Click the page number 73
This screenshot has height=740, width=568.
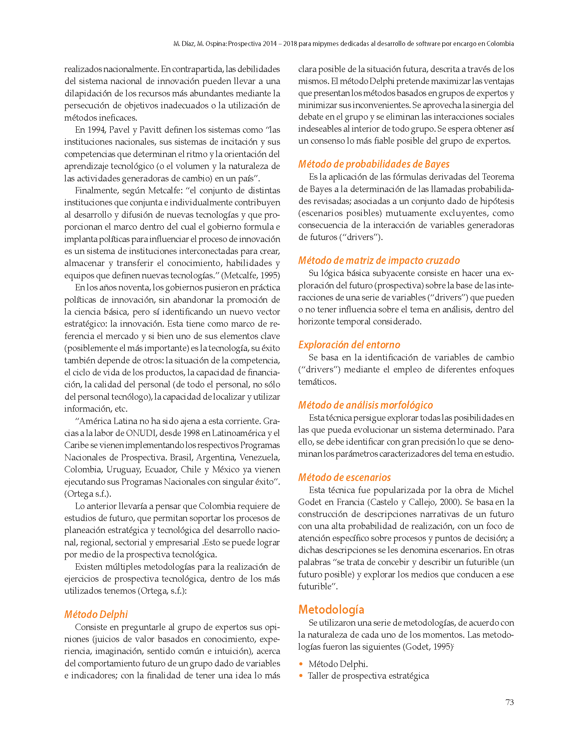click(x=509, y=702)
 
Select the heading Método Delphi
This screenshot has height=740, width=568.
click(x=96, y=614)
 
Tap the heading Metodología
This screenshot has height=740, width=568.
click(x=331, y=609)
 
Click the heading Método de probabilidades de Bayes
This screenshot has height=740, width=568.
click(x=373, y=164)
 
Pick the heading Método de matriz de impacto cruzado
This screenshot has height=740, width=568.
click(x=379, y=260)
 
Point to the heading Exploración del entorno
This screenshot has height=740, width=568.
click(x=349, y=345)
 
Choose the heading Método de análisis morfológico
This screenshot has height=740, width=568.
click(x=365, y=405)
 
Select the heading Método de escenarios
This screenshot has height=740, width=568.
click(x=344, y=477)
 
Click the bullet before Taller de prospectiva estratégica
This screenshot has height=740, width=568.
click(x=301, y=676)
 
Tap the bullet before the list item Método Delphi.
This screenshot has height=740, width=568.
click(x=301, y=664)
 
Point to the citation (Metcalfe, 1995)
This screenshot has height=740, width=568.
click(x=251, y=275)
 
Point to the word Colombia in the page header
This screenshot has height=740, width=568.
click(x=500, y=44)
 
